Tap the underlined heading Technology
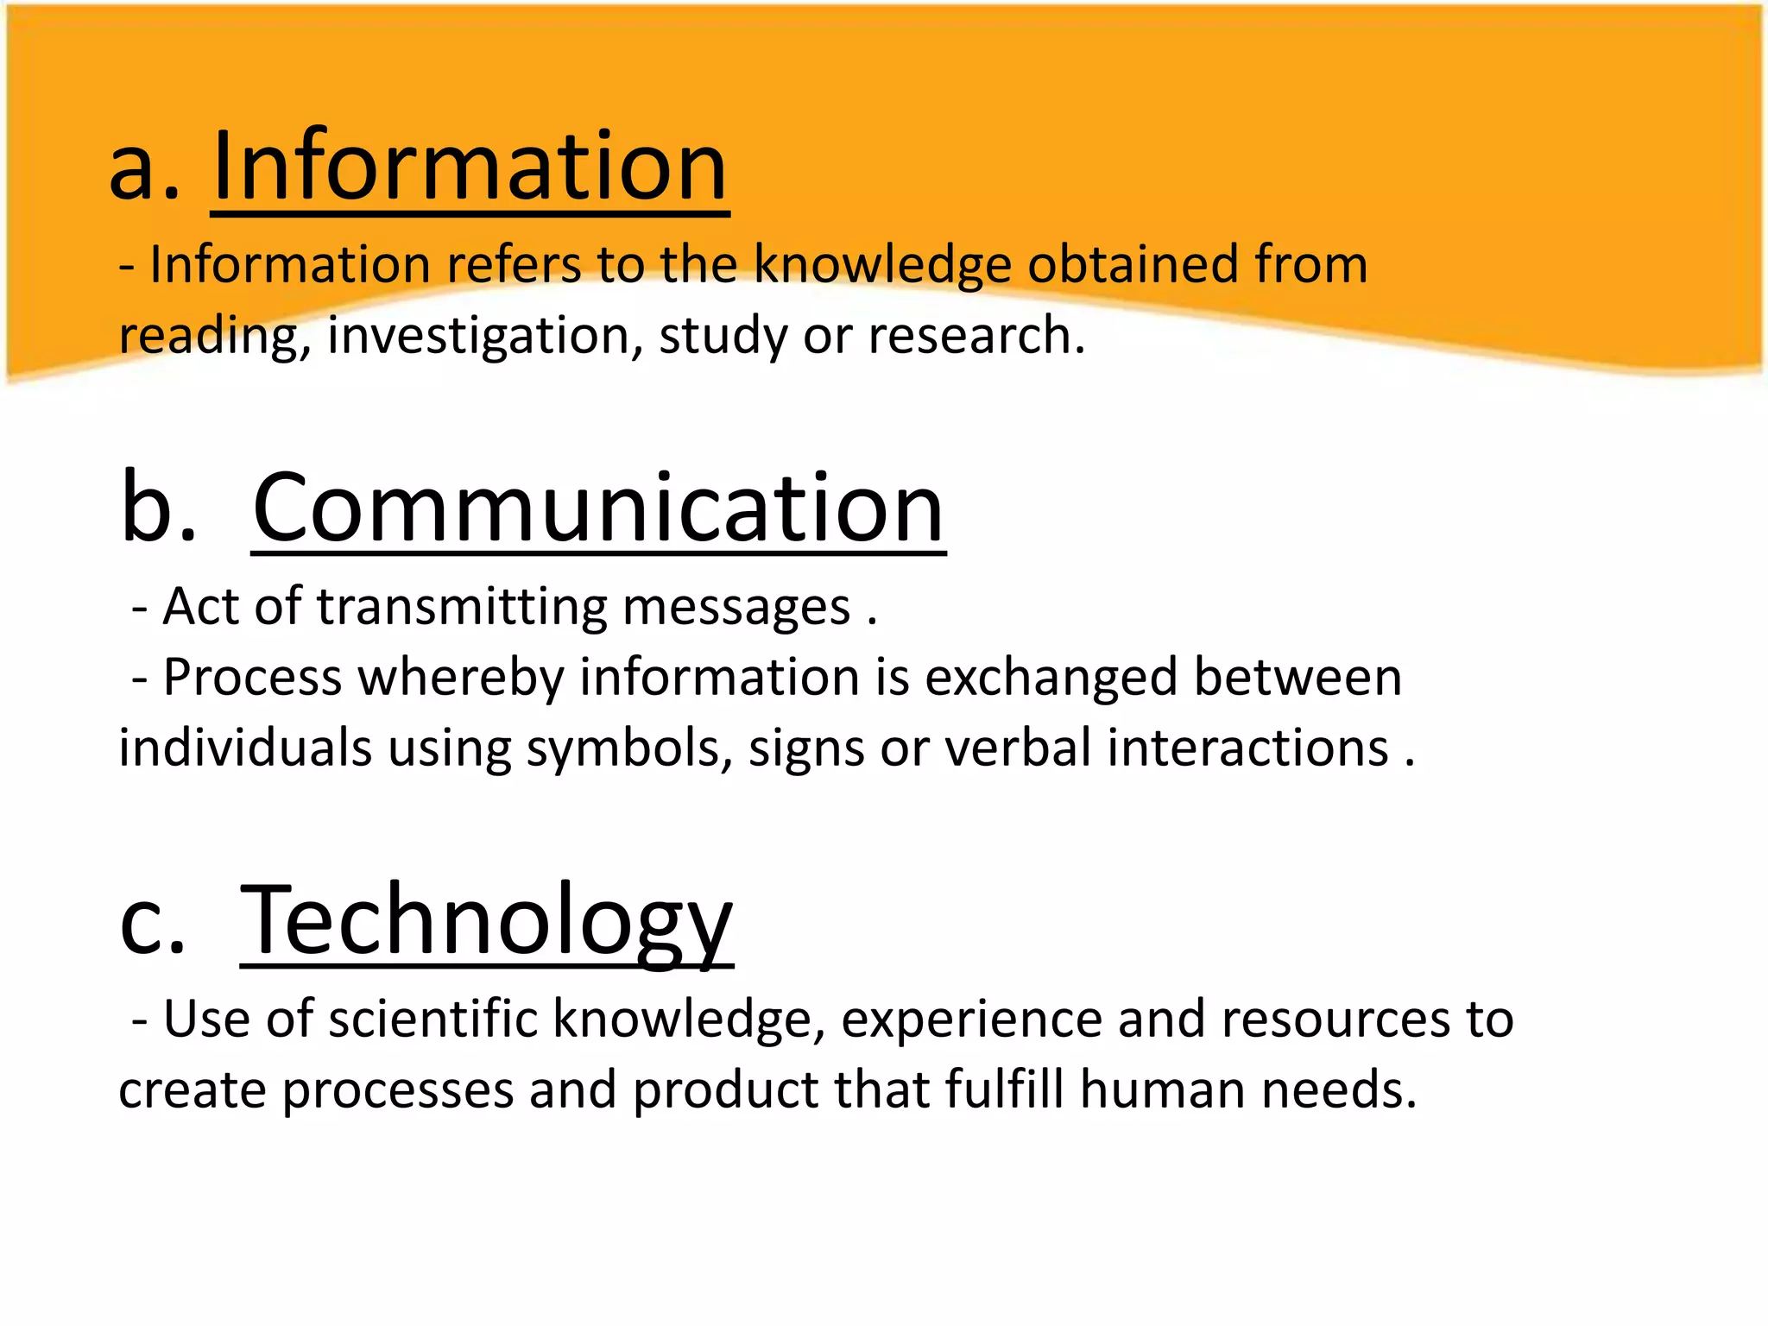486,920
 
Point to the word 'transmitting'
462,607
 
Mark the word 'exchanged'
1051,678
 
